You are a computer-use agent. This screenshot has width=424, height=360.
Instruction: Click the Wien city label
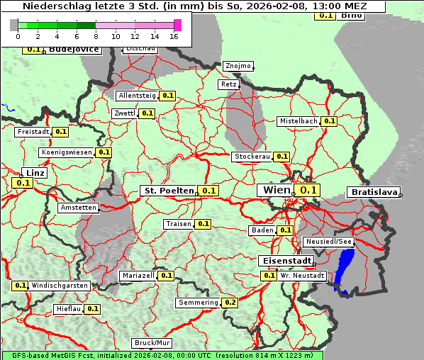coord(277,190)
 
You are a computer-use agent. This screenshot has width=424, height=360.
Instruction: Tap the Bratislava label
coord(373,192)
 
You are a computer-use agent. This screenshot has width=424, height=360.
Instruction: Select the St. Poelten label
coord(169,191)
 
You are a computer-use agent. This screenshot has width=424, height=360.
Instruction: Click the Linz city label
coord(34,173)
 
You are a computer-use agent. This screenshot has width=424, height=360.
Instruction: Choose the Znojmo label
coord(238,66)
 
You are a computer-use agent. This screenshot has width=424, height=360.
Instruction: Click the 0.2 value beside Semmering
coord(230,303)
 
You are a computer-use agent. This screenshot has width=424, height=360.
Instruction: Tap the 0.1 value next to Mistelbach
coord(330,121)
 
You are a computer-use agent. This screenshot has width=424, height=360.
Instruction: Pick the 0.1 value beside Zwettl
coord(147,113)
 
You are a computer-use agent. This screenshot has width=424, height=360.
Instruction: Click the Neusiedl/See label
coord(328,242)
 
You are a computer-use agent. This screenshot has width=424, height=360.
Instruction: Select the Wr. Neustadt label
coord(302,275)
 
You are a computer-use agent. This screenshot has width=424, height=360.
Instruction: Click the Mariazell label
coord(138,275)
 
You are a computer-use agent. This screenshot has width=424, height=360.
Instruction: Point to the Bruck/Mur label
coord(152,343)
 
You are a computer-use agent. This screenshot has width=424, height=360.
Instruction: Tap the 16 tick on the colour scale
coord(174,36)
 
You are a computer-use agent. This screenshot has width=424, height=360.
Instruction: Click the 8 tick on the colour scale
coord(96,36)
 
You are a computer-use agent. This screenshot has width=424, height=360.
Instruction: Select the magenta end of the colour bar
coord(177,25)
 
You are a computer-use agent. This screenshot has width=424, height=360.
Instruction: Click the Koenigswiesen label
coord(67,152)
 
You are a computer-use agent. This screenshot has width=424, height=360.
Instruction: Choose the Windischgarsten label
coord(60,285)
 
